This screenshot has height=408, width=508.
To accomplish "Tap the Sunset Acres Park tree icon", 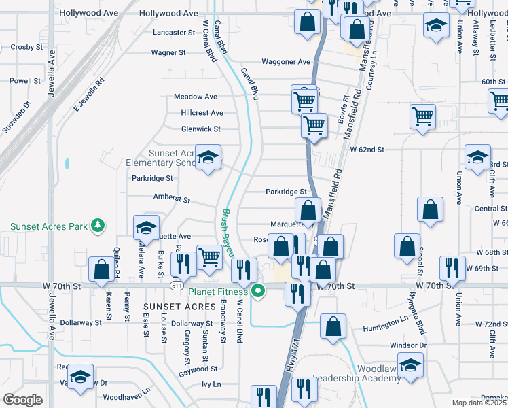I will pyautogui.click(x=98, y=225).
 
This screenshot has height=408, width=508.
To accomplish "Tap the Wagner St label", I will pyautogui.click(x=168, y=52).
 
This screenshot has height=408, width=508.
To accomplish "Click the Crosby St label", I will pyautogui.click(x=26, y=47).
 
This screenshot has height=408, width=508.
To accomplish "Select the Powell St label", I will pyautogui.click(x=25, y=80).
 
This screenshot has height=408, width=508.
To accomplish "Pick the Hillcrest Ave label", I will pyautogui.click(x=202, y=113).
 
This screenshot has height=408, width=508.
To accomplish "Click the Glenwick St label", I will pyautogui.click(x=201, y=129).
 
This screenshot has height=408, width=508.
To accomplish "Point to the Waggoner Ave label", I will pyautogui.click(x=286, y=62).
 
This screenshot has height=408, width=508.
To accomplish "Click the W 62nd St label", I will pyautogui.click(x=367, y=149).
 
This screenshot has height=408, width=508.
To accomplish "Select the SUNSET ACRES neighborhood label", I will pyautogui.click(x=179, y=307).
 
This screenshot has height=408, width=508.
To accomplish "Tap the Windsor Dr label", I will pyautogui.click(x=408, y=345).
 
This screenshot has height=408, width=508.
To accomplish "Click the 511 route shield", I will pyautogui.click(x=176, y=286).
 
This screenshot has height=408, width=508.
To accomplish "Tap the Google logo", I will pyautogui.click(x=22, y=399).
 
